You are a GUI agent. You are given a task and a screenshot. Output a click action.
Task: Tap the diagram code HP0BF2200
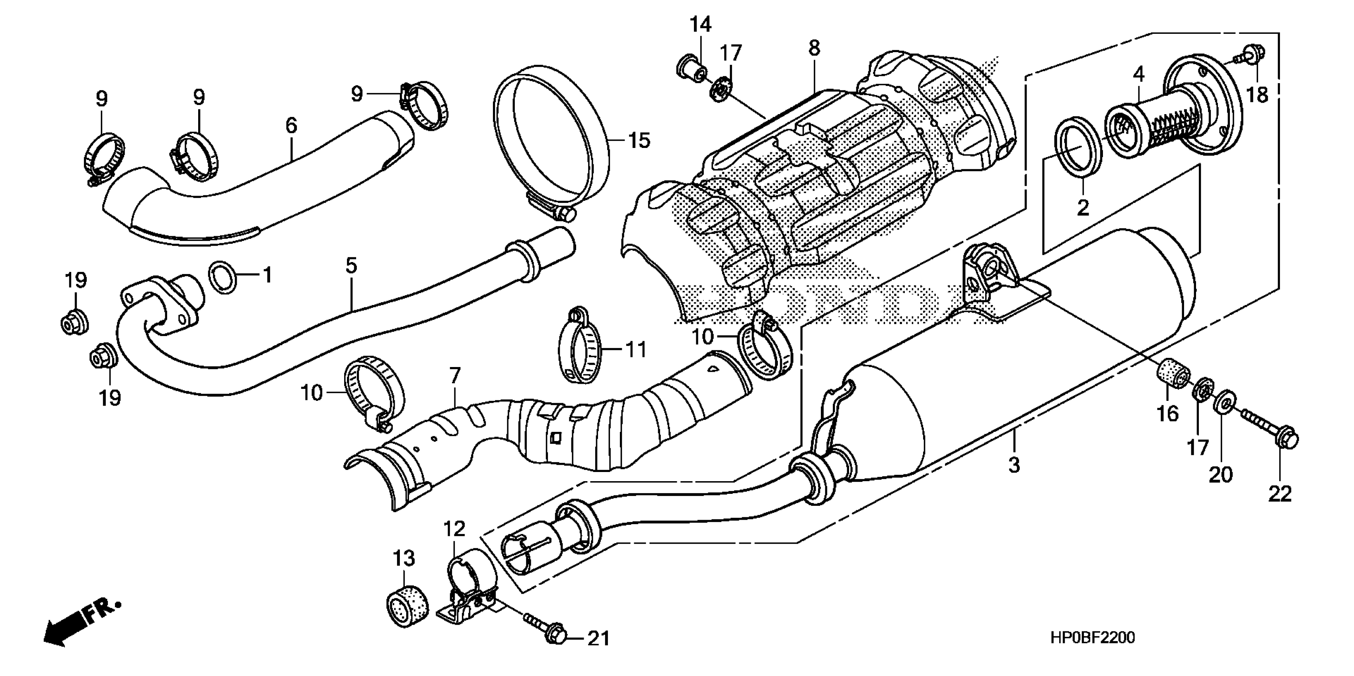tap(1088, 638)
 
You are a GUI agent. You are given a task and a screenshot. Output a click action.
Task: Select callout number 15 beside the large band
tap(639, 141)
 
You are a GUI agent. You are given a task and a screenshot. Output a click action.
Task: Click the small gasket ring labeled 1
tap(223, 277)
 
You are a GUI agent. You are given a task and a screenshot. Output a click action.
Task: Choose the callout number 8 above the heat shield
tap(814, 49)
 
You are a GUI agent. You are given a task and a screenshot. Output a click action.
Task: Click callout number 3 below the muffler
tap(1014, 464)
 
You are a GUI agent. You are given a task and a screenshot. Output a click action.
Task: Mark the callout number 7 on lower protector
tap(455, 375)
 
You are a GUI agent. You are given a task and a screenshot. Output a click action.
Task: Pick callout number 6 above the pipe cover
tap(291, 125)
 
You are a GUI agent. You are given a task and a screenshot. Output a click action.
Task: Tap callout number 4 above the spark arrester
tap(1138, 75)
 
